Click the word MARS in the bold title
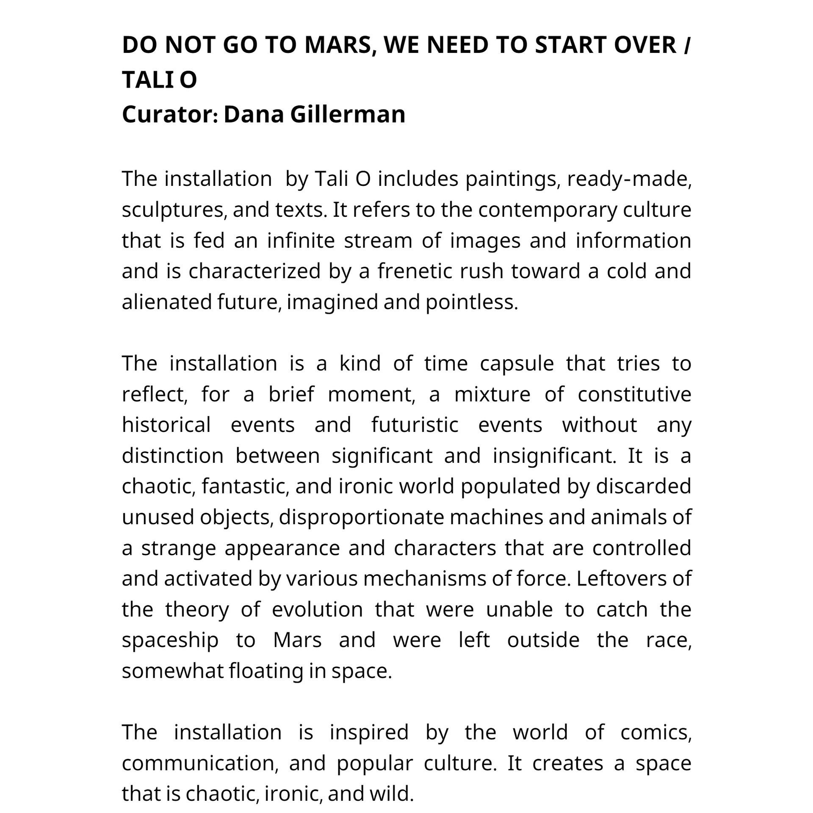(337, 45)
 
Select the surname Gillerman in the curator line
(348, 114)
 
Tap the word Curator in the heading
(170, 114)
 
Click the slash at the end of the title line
(686, 45)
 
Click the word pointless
(471, 302)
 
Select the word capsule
(517, 364)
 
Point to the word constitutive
(634, 395)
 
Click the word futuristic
(415, 425)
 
